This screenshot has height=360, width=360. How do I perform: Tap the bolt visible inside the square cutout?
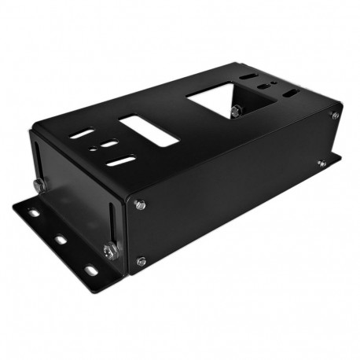[x=235, y=109]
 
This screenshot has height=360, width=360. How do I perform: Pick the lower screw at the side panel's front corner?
[x=141, y=261]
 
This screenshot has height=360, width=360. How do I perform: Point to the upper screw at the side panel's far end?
[x=335, y=116]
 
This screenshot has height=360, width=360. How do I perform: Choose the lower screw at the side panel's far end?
[x=321, y=163]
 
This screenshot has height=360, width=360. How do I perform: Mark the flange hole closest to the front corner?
[x=91, y=270]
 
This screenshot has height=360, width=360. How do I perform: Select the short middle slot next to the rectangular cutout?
[x=109, y=144]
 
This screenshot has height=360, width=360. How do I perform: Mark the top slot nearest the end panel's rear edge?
[x=81, y=134]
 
